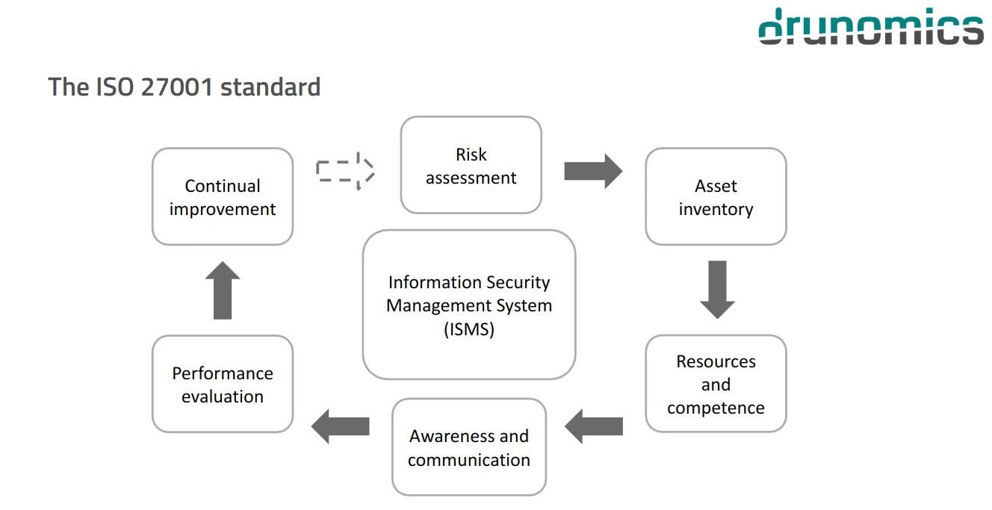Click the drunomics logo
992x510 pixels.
click(871, 27)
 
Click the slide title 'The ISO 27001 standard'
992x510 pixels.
click(185, 87)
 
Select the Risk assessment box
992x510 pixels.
click(471, 165)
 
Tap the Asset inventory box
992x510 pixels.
click(716, 196)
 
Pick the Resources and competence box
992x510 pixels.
click(716, 384)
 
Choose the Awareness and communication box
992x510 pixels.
click(469, 447)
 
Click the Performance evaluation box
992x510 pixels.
click(223, 384)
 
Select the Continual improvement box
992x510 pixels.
click(223, 196)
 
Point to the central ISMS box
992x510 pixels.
click(469, 305)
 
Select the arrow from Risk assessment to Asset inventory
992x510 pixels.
click(593, 171)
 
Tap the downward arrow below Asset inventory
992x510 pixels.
click(717, 289)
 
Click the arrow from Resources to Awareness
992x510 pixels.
click(594, 426)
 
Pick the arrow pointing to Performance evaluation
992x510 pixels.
click(341, 426)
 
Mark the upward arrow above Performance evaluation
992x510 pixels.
click(223, 290)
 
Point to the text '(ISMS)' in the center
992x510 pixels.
click(469, 329)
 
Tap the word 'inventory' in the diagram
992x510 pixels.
click(716, 209)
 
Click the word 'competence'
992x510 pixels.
click(716, 408)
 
